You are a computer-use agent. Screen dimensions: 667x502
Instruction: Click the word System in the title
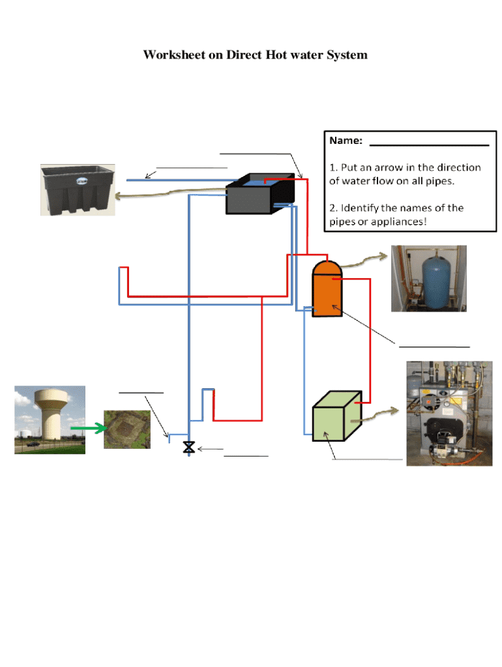tap(346, 55)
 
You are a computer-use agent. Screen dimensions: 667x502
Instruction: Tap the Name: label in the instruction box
tap(346, 141)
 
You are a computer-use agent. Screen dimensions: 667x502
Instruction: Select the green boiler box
tap(336, 418)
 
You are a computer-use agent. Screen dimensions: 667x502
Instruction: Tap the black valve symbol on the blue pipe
tap(189, 447)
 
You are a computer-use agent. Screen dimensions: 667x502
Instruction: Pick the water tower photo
tap(50, 419)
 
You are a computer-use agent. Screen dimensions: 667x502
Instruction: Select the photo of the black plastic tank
tap(78, 190)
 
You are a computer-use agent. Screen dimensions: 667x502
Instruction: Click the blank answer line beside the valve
tap(246, 456)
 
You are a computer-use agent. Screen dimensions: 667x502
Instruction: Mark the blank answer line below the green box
tap(367, 460)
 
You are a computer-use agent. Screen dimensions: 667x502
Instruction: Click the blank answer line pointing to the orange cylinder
tap(434, 346)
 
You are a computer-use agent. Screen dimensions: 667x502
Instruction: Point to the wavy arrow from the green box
tap(381, 413)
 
